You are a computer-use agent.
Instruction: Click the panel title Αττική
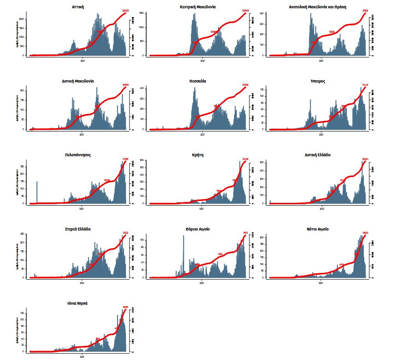point(78,7)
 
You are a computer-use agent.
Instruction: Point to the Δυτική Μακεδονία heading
point(78,81)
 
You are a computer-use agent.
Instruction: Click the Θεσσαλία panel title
point(198,81)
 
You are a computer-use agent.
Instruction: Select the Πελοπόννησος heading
point(78,155)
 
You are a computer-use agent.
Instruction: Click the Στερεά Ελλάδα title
point(78,229)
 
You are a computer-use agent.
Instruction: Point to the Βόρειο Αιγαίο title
point(198,229)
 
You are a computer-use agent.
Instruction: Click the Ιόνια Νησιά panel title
point(78,303)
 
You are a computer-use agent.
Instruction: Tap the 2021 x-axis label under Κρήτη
point(202,208)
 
